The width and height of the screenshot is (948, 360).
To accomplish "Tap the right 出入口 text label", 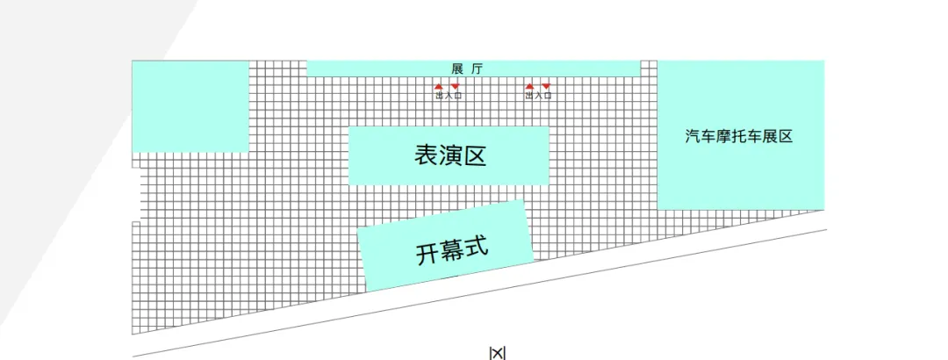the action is (537, 96).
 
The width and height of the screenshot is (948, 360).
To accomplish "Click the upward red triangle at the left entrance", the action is (440, 87).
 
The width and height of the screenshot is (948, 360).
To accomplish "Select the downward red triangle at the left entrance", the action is (455, 87).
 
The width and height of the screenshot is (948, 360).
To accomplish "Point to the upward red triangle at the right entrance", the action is (529, 87).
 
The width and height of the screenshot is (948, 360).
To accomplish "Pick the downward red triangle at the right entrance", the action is (545, 87).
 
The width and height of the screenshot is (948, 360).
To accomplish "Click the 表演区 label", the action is (449, 156).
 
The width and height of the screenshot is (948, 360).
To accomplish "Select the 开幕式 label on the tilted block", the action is (450, 250).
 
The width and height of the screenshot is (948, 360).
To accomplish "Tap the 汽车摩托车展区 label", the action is (739, 136).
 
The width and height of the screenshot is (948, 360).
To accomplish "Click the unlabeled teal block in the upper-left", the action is (190, 105).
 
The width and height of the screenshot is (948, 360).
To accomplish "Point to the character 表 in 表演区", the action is (426, 156).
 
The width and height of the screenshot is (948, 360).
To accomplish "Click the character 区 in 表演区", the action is (474, 156).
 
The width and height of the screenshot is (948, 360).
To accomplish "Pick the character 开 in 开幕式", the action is (427, 255).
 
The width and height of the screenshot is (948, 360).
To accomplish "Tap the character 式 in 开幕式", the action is (475, 247).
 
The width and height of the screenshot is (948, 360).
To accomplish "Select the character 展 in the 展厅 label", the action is (457, 68).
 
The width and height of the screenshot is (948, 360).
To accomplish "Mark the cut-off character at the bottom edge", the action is (498, 353).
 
